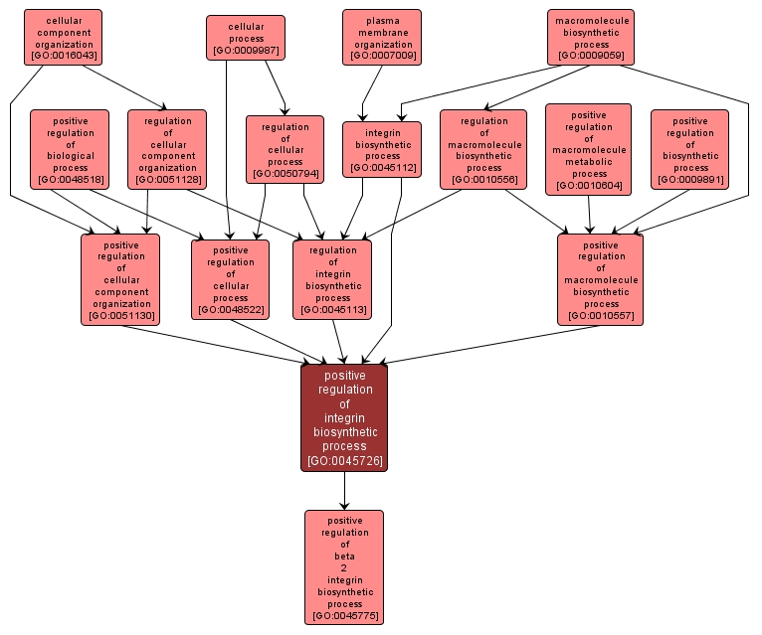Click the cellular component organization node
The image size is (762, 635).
(64, 38)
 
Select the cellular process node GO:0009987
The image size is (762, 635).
(246, 38)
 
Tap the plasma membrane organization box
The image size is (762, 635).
(382, 38)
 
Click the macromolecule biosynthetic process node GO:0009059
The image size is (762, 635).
(591, 38)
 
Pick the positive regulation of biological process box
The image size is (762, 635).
(70, 149)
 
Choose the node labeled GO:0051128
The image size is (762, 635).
(167, 149)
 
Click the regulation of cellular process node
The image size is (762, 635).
(286, 149)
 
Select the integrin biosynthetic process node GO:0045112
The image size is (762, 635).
(382, 149)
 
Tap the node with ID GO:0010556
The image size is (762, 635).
(483, 149)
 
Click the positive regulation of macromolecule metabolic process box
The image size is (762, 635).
(589, 149)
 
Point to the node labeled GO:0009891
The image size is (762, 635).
(690, 149)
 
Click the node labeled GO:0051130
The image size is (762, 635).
(121, 279)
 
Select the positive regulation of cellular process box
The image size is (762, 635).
(230, 279)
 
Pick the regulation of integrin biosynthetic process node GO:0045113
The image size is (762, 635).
(332, 279)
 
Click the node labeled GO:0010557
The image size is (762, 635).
(601, 279)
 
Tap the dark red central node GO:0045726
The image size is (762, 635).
(344, 417)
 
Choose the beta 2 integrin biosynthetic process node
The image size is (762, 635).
(344, 567)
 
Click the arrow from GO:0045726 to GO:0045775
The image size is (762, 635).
(344, 491)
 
